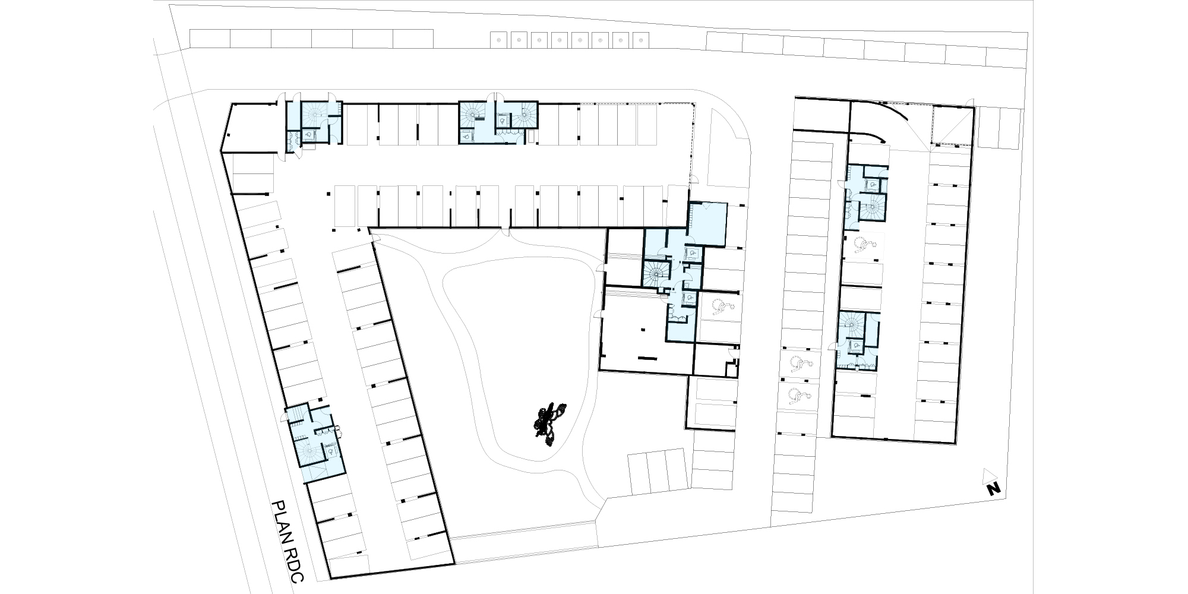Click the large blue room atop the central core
[x=707, y=223]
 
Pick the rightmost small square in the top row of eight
[x=640, y=40]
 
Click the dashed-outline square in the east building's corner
[x=952, y=125]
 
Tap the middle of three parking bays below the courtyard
[x=656, y=472]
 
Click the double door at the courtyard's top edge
[x=506, y=233]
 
